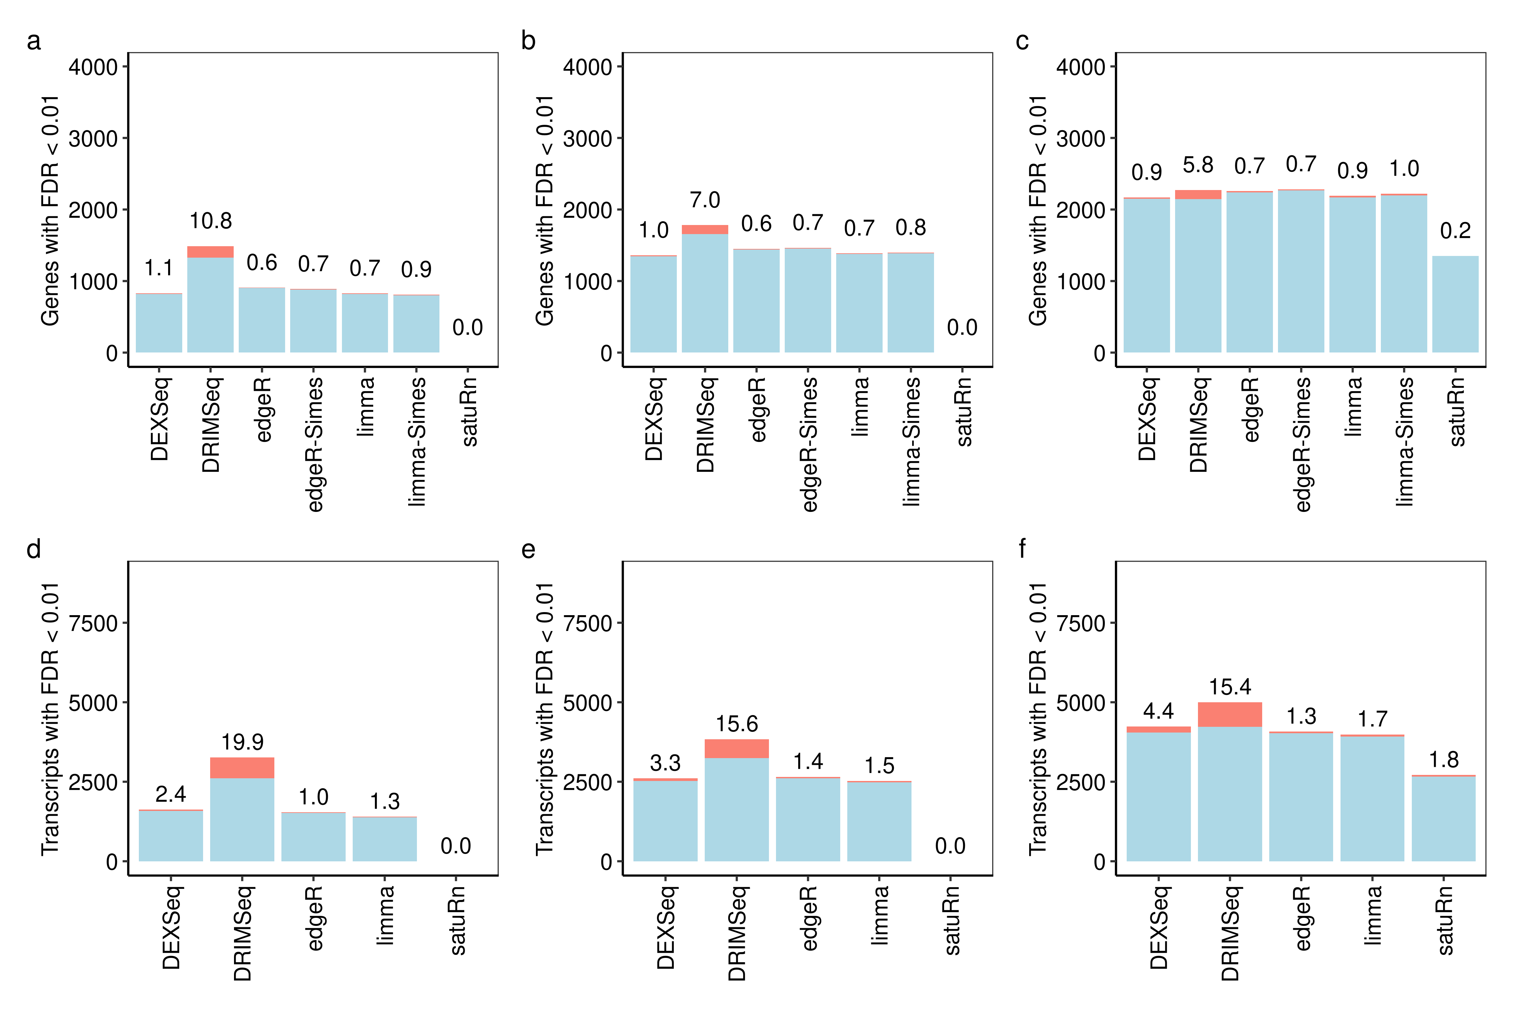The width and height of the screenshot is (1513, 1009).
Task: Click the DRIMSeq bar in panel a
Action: tap(210, 302)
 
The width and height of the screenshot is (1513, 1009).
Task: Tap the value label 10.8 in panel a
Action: tap(210, 221)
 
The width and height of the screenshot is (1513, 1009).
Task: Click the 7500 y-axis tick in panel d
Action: tap(93, 623)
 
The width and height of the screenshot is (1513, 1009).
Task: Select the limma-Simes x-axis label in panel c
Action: tap(1404, 441)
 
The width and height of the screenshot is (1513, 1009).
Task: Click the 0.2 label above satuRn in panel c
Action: tap(1455, 230)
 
